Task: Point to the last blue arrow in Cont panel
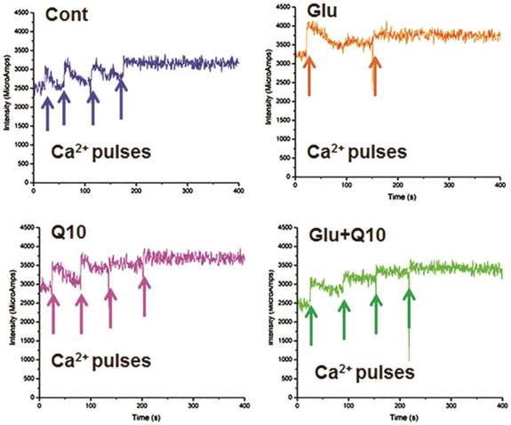point(121,99)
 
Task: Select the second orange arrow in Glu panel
point(374,75)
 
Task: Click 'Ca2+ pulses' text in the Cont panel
point(103,152)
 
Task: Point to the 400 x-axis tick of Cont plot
point(236,190)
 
